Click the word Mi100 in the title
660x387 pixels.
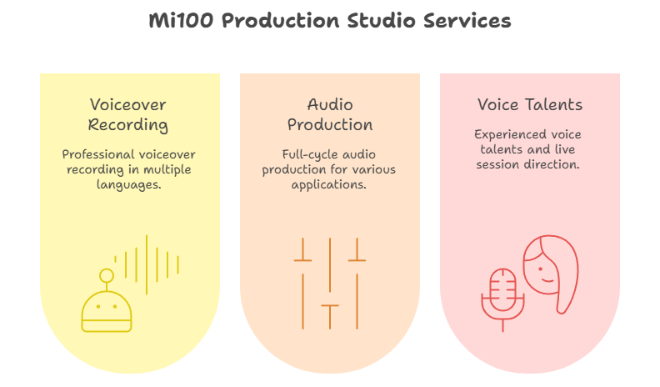click(x=181, y=20)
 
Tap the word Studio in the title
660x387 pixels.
click(x=382, y=20)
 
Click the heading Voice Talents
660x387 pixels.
click(x=529, y=104)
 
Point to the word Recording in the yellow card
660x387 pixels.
click(x=128, y=125)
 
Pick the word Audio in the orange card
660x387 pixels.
click(x=330, y=104)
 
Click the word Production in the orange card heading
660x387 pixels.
click(x=330, y=124)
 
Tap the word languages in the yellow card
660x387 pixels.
click(x=128, y=185)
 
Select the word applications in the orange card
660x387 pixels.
click(x=328, y=185)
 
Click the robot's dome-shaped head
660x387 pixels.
click(x=107, y=311)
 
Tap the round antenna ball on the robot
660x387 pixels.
click(x=107, y=276)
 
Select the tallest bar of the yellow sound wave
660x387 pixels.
click(x=147, y=264)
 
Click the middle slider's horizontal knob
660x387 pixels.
click(x=330, y=305)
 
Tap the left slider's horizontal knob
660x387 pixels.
click(x=302, y=260)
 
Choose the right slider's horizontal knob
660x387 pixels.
click(x=357, y=260)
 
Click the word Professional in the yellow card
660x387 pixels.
click(x=94, y=154)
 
